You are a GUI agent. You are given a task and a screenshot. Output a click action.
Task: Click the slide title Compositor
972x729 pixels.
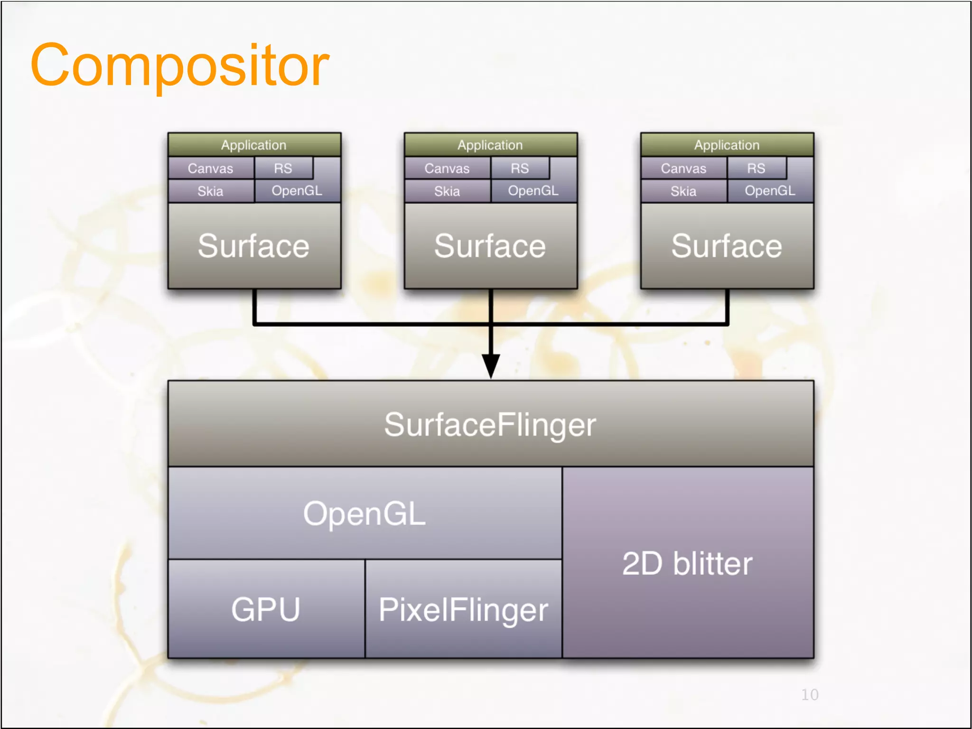point(179,65)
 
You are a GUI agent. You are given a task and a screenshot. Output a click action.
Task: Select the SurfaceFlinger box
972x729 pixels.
point(490,424)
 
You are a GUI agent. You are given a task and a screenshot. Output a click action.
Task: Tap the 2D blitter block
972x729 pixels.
point(687,563)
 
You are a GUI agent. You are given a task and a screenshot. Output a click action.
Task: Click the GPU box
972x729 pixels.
point(266,609)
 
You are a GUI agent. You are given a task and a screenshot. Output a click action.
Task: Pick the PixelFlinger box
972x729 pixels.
point(463,609)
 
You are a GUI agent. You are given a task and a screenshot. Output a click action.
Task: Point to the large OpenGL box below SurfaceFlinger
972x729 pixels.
point(364,513)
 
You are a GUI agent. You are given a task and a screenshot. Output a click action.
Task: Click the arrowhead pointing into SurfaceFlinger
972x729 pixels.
point(491,365)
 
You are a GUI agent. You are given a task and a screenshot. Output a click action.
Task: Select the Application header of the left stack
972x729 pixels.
point(254,145)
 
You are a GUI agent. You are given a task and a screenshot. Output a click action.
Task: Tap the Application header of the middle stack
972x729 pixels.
point(490,145)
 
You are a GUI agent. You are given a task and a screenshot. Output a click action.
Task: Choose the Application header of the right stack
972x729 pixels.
point(727,145)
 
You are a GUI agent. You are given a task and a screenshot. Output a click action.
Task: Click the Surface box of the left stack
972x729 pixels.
point(254,246)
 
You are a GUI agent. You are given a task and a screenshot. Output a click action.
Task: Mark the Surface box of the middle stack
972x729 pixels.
point(490,246)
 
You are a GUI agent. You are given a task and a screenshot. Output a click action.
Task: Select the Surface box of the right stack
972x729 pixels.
point(727,246)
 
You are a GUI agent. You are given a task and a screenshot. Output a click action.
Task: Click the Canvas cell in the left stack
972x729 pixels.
point(210,168)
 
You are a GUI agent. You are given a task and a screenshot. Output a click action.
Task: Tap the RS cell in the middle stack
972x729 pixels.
point(520,168)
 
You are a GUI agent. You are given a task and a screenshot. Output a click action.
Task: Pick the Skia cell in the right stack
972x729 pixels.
point(683,191)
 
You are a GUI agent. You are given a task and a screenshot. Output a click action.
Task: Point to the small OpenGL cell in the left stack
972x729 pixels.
point(297,191)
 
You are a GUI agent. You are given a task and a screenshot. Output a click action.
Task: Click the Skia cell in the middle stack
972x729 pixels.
point(447,191)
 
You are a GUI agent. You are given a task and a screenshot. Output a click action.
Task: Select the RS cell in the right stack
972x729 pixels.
point(756,168)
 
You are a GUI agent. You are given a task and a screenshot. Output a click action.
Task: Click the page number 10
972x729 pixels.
point(810,694)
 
